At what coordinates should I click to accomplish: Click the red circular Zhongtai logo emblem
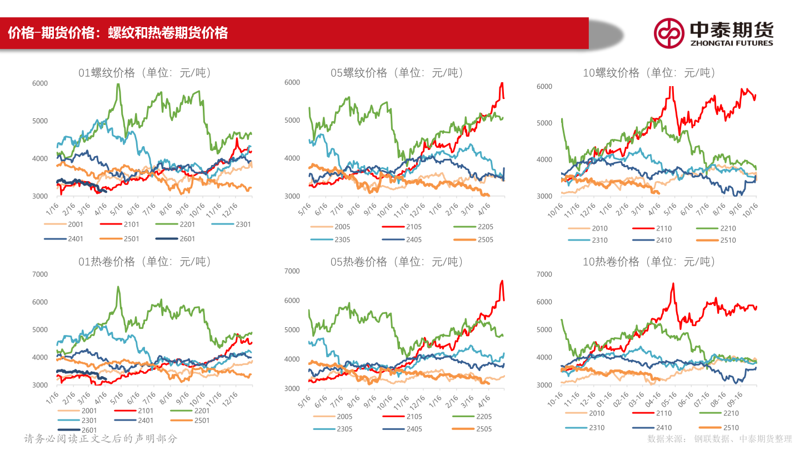[x=668, y=33]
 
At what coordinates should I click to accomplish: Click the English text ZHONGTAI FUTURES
[x=731, y=43]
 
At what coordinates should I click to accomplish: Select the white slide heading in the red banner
[x=118, y=33]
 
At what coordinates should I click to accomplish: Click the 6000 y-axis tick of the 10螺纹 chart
[x=544, y=86]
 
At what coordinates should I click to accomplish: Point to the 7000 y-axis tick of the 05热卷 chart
[x=292, y=271]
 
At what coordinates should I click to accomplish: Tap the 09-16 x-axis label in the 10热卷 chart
[x=736, y=400]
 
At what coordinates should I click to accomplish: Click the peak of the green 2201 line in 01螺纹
[x=118, y=84]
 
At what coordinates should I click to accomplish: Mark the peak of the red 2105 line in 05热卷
[x=502, y=281]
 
